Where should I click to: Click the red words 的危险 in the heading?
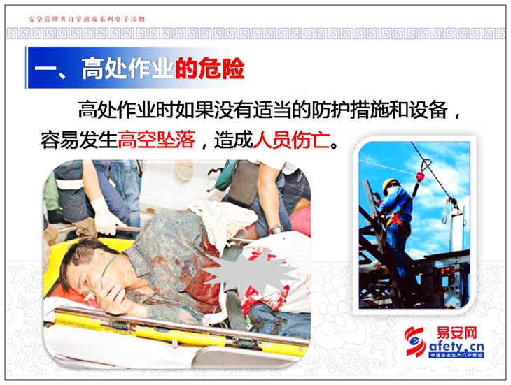pyautogui.click(x=210, y=68)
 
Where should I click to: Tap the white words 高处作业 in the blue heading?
pyautogui.click(x=127, y=68)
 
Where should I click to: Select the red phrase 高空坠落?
pyautogui.click(x=156, y=140)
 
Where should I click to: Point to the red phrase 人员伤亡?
pyautogui.click(x=291, y=140)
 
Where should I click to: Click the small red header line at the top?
pyautogui.click(x=87, y=19)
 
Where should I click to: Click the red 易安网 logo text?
pyautogui.click(x=457, y=333)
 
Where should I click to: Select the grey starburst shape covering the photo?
pyautogui.click(x=251, y=271)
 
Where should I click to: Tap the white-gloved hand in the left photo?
pyautogui.click(x=104, y=216)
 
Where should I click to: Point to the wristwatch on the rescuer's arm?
pyautogui.click(x=276, y=229)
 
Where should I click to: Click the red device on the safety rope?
pyautogui.click(x=420, y=176)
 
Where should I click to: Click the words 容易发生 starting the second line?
pyautogui.click(x=79, y=140)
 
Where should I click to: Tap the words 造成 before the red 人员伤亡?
pyautogui.click(x=233, y=140)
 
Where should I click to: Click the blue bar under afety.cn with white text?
pyautogui.click(x=456, y=355)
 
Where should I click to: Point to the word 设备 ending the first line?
pyautogui.click(x=428, y=110)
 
